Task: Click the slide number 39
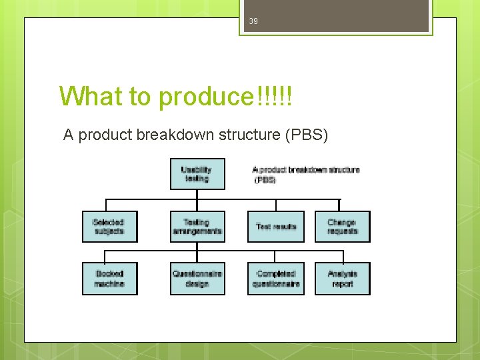253,21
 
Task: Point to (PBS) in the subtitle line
306,135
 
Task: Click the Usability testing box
197,174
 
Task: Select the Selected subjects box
109,227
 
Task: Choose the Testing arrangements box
197,227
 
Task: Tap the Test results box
276,227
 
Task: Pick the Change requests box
342,227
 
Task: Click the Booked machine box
109,279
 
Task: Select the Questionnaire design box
197,279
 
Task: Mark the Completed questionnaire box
276,279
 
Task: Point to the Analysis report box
342,279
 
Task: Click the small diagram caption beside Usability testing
305,174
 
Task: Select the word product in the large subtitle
105,135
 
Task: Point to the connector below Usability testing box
197,195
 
